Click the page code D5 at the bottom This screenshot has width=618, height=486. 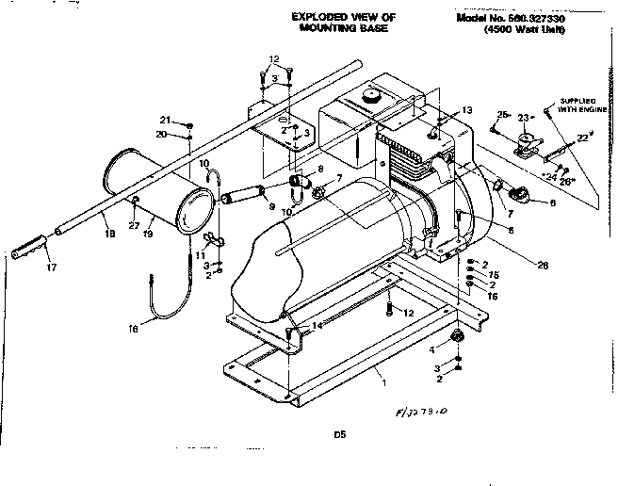339,434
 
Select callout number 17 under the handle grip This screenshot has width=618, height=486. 51,267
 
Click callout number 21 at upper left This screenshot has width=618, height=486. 164,121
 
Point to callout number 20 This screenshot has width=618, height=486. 164,135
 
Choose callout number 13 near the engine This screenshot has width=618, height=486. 466,110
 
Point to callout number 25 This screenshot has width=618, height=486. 502,115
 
